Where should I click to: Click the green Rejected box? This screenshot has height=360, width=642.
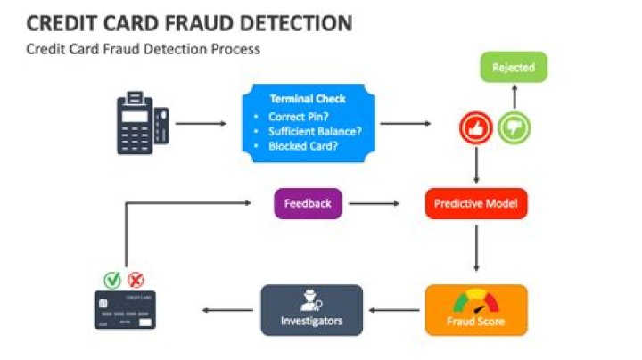[513, 68]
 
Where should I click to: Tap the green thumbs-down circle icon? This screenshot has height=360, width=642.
[514, 127]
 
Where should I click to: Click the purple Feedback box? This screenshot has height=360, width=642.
[308, 203]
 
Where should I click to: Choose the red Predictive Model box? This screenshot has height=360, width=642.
[476, 204]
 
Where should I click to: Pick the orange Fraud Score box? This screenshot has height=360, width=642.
[476, 309]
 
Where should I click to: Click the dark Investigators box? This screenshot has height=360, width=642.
[311, 309]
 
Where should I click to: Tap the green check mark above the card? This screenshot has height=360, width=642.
[112, 280]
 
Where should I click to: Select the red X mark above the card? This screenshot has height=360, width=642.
[136, 280]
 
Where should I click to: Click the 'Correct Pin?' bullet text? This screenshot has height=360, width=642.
[299, 117]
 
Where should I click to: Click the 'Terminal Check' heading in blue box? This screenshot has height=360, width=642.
[308, 99]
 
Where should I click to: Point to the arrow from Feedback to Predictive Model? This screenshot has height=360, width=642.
[374, 204]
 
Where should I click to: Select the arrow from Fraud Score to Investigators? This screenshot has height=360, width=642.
[395, 310]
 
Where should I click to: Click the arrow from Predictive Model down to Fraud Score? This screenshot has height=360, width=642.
[477, 247]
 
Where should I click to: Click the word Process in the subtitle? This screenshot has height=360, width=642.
[235, 49]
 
